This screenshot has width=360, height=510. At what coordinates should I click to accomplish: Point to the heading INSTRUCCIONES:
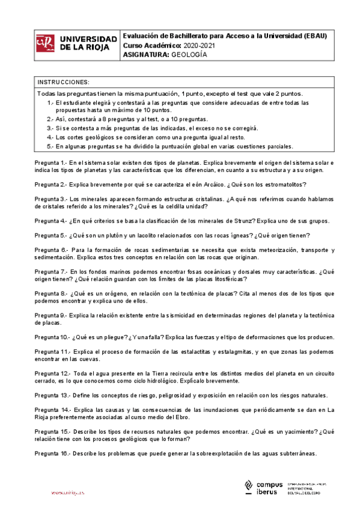click(x=63, y=82)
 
